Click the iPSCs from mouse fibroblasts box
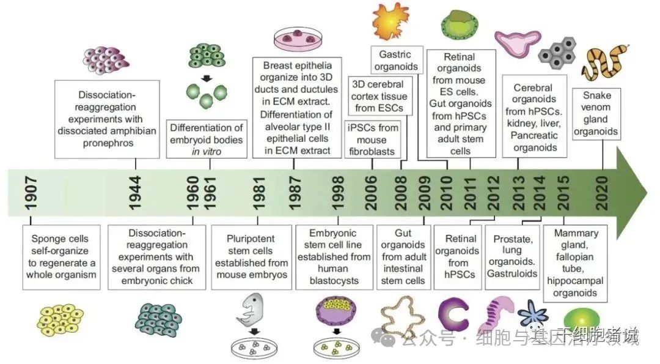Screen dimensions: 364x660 pyautogui.click(x=373, y=139)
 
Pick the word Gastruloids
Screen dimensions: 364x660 pyautogui.click(x=511, y=273)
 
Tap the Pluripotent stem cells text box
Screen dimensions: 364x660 pyautogui.click(x=252, y=257)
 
